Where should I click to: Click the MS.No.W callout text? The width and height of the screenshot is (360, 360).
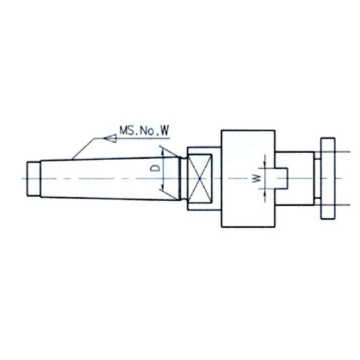tap(144, 131)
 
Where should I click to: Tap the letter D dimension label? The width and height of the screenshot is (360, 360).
tap(155, 168)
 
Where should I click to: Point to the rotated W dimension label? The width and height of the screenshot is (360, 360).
tap(256, 178)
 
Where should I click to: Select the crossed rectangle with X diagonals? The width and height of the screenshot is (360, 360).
tap(200, 178)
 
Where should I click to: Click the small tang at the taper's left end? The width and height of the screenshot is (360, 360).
tap(34, 179)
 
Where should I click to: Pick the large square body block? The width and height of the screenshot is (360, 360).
tap(248, 178)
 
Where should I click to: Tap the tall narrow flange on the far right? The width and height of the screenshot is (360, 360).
tap(328, 178)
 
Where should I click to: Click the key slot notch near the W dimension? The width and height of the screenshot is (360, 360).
tap(281, 178)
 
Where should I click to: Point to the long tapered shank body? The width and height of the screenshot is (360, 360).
tap(110, 178)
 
